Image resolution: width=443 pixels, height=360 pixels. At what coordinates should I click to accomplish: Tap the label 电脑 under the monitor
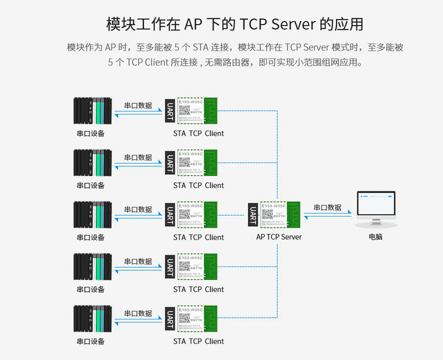pyautogui.click(x=375, y=237)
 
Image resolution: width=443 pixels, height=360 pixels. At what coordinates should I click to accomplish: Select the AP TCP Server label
pyautogui.click(x=279, y=237)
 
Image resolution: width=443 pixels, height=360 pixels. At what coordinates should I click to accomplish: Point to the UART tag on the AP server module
pyautogui.click(x=252, y=215)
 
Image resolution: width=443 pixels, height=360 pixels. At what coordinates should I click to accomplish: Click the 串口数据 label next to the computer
pyautogui.click(x=327, y=207)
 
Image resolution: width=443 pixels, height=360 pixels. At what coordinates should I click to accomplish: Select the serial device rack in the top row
pyautogui.click(x=92, y=110)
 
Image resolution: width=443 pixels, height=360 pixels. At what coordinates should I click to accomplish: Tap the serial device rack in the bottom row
pyautogui.click(x=92, y=318)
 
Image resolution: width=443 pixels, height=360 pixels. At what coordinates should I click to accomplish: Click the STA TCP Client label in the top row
pyautogui.click(x=198, y=134)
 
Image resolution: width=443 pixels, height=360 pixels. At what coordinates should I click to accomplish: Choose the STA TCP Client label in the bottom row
pyautogui.click(x=198, y=342)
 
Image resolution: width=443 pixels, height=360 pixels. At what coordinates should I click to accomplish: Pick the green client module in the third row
pyautogui.click(x=198, y=214)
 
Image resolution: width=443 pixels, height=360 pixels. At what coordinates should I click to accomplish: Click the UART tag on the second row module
pyautogui.click(x=170, y=162)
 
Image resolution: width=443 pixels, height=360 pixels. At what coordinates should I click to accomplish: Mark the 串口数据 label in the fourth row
pyautogui.click(x=138, y=262)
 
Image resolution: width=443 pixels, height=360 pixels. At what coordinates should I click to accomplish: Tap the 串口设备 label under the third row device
pyautogui.click(x=90, y=237)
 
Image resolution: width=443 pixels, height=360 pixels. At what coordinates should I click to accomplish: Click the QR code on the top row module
pyautogui.click(x=185, y=111)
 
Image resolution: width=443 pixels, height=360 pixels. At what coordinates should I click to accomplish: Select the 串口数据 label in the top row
pyautogui.click(x=138, y=105)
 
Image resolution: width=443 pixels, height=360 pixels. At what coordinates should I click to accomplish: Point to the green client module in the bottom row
pyautogui.click(x=198, y=318)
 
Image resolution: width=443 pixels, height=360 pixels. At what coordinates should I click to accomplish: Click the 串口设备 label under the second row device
pyautogui.click(x=90, y=185)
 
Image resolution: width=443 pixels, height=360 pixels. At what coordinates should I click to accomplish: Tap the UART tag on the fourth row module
pyautogui.click(x=170, y=266)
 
